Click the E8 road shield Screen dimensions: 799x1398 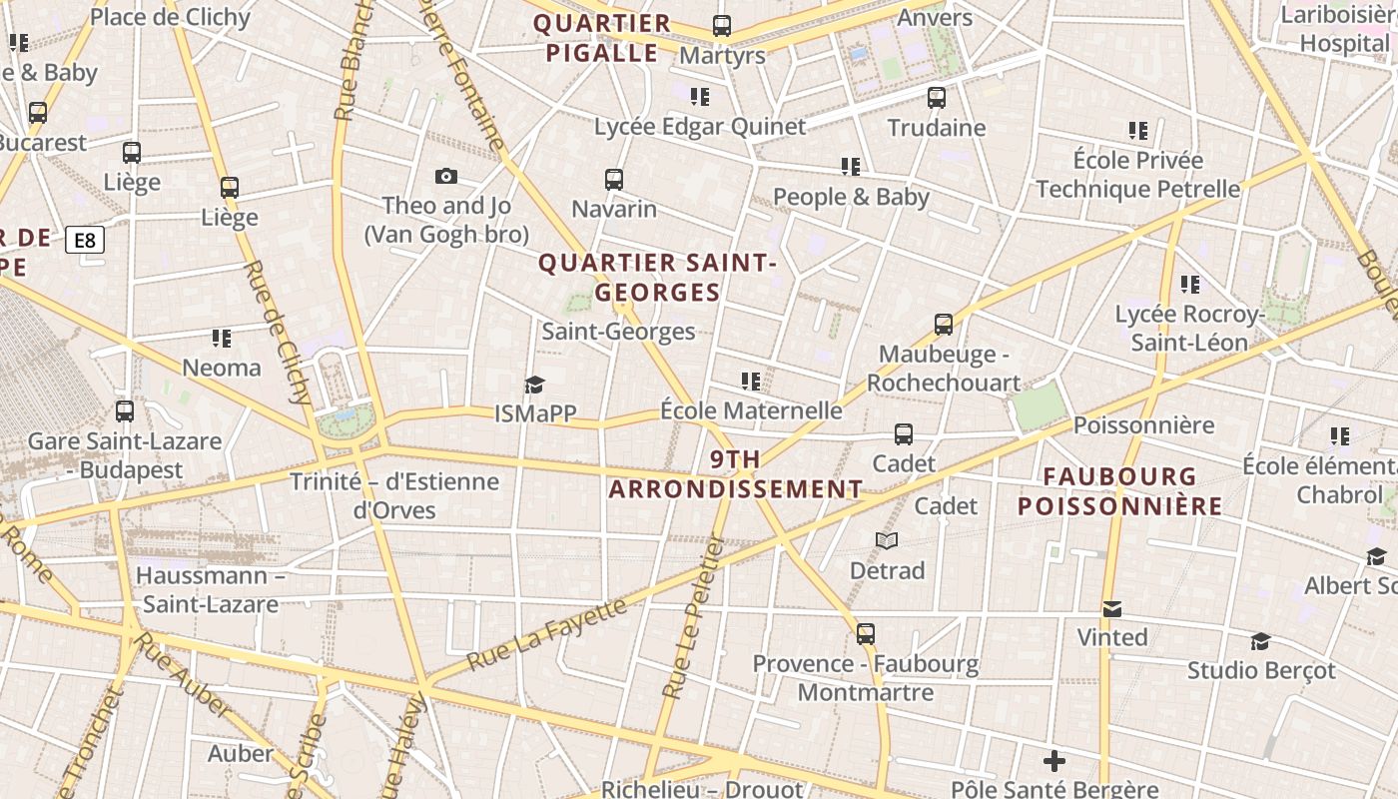85,240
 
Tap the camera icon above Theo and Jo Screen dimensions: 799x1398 446,177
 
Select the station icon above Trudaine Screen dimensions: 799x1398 936,98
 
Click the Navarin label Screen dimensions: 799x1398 614,209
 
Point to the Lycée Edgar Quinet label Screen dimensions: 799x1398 699,127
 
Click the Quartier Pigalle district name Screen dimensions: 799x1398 601,38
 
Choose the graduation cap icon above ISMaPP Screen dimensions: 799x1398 535,385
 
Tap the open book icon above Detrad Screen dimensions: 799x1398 887,541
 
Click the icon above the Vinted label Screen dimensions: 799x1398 1111,608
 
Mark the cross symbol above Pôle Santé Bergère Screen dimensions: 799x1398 1053,761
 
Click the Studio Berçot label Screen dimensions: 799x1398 1260,670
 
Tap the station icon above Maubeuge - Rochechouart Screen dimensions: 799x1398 944,325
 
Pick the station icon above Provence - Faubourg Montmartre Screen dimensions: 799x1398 865,634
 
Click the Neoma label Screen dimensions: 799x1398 222,368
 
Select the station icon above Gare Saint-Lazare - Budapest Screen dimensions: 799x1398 125,411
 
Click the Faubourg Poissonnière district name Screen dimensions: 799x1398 1119,491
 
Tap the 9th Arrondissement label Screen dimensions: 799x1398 736,474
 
